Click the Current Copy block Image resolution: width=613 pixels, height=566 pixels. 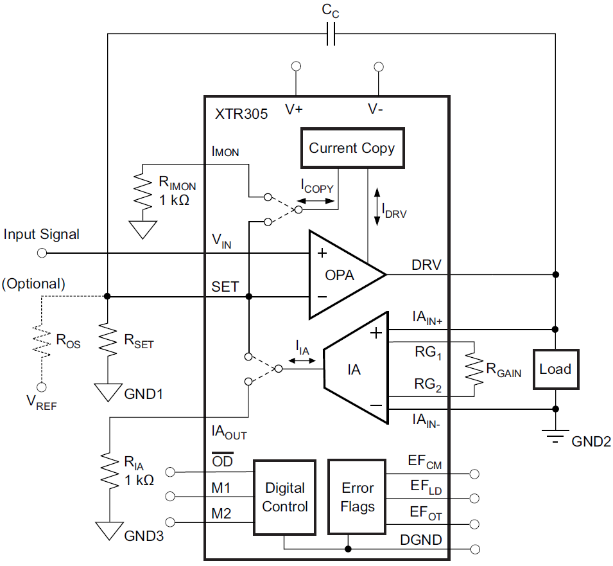352,148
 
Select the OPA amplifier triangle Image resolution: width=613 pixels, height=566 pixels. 340,274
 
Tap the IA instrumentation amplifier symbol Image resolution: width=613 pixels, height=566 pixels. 355,369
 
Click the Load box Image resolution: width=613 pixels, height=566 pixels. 555,369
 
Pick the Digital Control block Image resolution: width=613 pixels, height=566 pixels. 284,497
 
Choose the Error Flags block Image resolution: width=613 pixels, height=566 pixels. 357,497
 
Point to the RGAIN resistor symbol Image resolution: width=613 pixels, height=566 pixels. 474,368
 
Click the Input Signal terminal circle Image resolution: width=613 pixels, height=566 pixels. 42,253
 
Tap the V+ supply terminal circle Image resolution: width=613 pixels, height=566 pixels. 296,67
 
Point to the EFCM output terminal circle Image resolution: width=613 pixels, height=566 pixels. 474,473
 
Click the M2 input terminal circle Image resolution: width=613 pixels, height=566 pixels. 170,522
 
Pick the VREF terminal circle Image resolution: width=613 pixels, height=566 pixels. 42,387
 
